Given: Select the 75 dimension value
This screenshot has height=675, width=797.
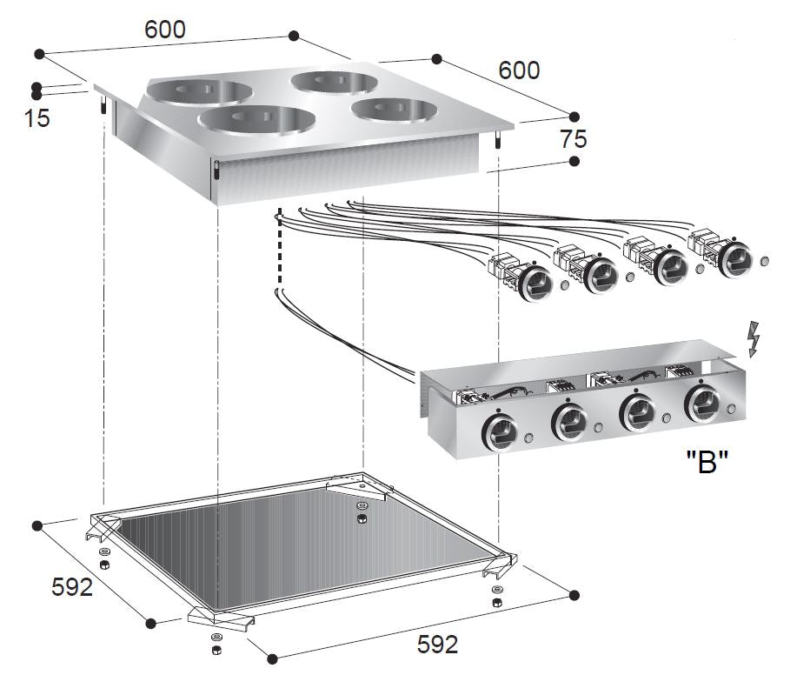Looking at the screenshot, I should tap(574, 138).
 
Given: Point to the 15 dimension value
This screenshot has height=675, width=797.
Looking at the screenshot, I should tap(37, 118).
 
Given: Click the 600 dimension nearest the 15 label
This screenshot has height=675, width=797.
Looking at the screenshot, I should tap(165, 30).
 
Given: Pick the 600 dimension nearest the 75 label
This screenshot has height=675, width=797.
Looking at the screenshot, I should tap(519, 70).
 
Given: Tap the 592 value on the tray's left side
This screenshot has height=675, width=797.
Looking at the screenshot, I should tap(72, 587).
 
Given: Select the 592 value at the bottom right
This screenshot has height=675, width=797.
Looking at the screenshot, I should tap(437, 645).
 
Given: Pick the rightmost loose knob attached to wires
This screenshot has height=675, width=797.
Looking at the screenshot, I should tap(735, 256).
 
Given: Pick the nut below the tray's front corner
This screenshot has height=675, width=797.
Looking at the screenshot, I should tap(214, 651).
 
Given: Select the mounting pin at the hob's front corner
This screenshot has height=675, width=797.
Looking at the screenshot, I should tap(216, 172).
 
